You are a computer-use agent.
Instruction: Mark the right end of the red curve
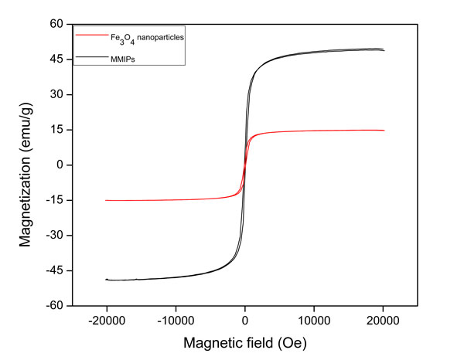click(x=384, y=131)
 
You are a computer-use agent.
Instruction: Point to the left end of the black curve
click(x=107, y=279)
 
